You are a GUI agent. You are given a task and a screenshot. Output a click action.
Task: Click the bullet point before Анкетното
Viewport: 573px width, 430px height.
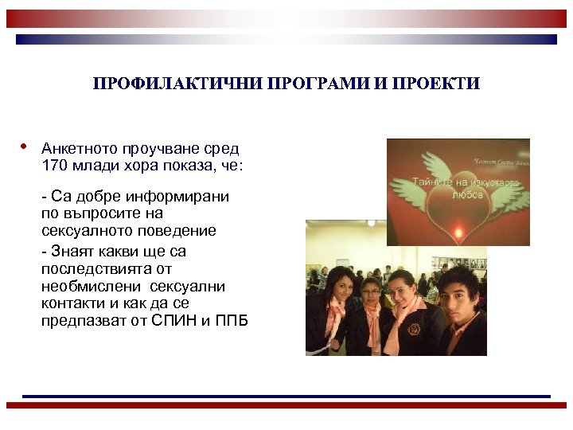point(25,147)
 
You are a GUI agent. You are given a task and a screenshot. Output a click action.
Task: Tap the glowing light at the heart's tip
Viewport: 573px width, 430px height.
point(457,232)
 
